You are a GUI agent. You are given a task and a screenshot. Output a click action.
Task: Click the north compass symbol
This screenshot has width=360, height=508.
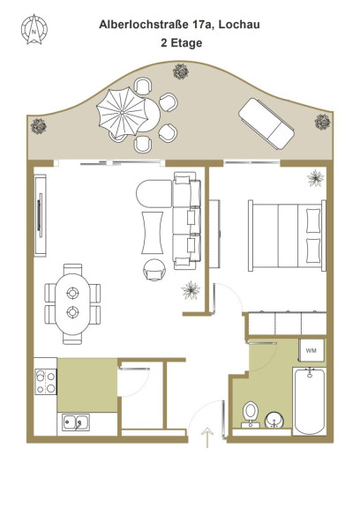(34, 29)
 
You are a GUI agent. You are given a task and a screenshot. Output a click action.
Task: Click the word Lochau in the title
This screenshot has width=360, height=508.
(239, 25)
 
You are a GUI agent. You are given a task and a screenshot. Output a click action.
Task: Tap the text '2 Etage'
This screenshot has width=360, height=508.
(182, 42)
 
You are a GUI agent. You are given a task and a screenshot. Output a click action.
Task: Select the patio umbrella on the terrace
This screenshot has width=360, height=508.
(122, 112)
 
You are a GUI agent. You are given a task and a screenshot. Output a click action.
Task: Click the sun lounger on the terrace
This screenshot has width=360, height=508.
(266, 123)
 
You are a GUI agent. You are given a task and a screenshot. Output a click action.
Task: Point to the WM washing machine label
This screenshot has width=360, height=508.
(311, 350)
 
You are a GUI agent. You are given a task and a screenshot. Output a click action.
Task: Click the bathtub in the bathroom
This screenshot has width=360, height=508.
(310, 401)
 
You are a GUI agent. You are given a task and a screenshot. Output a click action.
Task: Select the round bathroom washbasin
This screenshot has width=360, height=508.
(274, 420)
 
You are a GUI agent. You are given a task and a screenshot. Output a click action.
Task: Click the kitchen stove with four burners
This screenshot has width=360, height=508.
(46, 382)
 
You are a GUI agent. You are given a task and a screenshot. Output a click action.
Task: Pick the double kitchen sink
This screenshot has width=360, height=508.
(76, 422)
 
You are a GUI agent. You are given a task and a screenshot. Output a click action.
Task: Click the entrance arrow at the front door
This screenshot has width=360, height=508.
(207, 437)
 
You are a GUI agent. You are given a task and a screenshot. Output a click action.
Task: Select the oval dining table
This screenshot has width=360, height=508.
(72, 304)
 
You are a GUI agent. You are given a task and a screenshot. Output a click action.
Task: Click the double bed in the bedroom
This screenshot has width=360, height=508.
(287, 235)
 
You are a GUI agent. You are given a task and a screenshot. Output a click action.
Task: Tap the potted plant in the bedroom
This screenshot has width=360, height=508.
(316, 178)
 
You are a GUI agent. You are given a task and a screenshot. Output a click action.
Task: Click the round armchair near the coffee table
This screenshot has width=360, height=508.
(154, 270)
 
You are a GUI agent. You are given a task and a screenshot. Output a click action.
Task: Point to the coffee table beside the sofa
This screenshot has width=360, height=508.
(152, 233)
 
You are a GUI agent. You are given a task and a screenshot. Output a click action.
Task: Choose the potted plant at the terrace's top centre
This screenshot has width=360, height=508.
(181, 71)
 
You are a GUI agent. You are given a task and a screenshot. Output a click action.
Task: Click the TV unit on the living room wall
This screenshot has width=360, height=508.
(41, 215)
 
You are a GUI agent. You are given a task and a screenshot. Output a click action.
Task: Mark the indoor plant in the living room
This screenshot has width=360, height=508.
(191, 290)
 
